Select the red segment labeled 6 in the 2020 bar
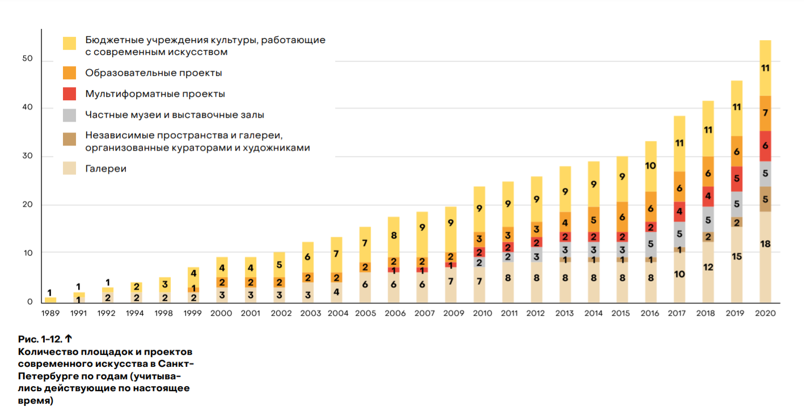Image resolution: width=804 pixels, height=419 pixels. coord(765,146)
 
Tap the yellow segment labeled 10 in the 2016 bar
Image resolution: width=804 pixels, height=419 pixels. coord(650,166)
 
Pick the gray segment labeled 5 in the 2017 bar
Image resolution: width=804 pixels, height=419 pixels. coord(679,233)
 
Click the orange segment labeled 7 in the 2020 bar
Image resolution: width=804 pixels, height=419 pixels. coord(765,113)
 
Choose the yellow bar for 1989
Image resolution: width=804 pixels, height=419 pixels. coord(50,300)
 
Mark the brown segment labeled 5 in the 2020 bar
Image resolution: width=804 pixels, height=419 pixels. coord(765,199)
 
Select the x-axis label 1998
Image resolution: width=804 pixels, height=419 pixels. coord(164,313)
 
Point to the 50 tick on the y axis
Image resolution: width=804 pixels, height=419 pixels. coord(28,59)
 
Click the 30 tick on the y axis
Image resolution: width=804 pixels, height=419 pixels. coord(28,156)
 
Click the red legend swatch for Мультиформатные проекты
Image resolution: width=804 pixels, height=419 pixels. coord(69,94)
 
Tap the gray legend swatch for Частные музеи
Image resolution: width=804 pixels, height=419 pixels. coord(69,115)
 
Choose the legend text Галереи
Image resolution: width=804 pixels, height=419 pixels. coord(105,169)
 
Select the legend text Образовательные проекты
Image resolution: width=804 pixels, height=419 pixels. coord(153,73)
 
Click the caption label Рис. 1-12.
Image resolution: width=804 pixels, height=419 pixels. coord(40,339)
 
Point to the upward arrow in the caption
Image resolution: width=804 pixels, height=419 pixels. coord(68,339)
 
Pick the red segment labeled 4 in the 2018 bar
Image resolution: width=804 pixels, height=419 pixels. coord(708,196)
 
